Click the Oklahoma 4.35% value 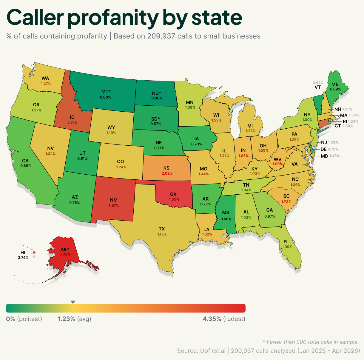[173, 199]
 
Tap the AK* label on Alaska [65, 249]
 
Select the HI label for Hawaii [23, 253]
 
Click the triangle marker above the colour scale [73, 302]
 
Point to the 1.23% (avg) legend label [74, 319]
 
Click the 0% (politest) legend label [24, 319]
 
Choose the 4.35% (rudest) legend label [224, 319]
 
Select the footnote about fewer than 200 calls [311, 342]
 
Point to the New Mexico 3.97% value [114, 206]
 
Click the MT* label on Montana [106, 92]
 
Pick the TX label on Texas [162, 229]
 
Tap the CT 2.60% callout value [348, 126]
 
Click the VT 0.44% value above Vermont [318, 83]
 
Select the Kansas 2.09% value [167, 173]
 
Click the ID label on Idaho [72, 117]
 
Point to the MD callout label [324, 156]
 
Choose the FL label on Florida [286, 242]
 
